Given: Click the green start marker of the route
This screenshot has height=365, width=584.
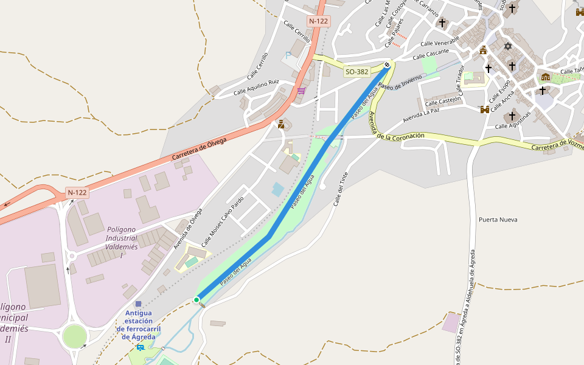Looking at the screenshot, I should (x=196, y=300).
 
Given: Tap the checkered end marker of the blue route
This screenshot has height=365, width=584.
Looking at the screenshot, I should (x=387, y=64).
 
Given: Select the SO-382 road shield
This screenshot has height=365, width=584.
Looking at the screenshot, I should (x=356, y=72).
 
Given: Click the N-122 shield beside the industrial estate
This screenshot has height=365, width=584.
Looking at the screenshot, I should (x=77, y=193).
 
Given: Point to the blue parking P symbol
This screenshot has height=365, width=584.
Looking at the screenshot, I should (x=288, y=55).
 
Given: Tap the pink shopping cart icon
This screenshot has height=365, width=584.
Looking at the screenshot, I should (x=301, y=91).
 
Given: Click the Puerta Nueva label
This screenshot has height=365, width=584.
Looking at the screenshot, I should (x=498, y=220).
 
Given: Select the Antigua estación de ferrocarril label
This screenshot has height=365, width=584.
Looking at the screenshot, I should (x=139, y=325).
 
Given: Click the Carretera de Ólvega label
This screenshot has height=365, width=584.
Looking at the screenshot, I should (x=199, y=149).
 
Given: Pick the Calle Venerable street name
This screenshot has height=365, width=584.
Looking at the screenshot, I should (x=440, y=43).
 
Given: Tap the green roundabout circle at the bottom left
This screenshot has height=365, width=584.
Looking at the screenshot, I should (x=74, y=336).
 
